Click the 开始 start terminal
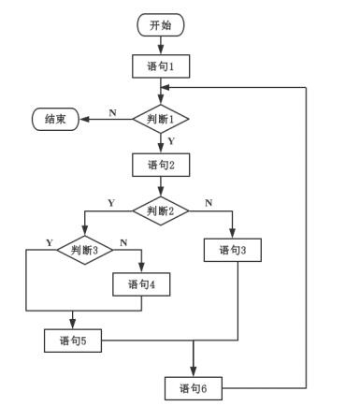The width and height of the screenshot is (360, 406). click(160, 25)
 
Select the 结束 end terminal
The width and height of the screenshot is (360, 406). click(55, 119)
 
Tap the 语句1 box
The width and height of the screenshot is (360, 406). click(160, 66)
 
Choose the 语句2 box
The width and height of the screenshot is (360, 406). click(160, 165)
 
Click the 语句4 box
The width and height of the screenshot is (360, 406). click(141, 283)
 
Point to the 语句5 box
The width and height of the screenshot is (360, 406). click(73, 341)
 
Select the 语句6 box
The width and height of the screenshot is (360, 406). click(193, 387)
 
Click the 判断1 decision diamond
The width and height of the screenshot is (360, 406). click(160, 119)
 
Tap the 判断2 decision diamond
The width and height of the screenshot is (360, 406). click(160, 210)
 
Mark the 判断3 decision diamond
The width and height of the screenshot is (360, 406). click(84, 250)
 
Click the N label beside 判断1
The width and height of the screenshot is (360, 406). click(113, 112)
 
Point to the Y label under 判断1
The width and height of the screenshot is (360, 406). click(170, 140)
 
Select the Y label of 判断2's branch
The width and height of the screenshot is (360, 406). click(111, 203)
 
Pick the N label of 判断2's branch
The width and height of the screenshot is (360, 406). click(208, 203)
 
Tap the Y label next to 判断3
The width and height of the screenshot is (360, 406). click(49, 243)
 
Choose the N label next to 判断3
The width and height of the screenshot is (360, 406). click(122, 243)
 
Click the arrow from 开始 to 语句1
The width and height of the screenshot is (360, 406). click(160, 45)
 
